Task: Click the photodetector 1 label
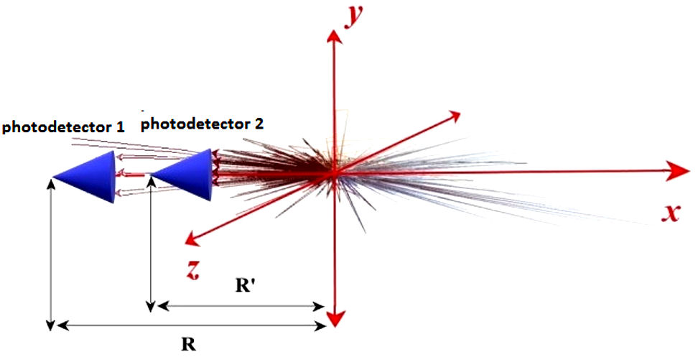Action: pos(63,128)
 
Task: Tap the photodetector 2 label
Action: pos(202,124)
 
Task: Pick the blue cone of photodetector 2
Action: pos(187,175)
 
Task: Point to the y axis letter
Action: pos(353,15)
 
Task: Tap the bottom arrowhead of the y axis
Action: pos(333,316)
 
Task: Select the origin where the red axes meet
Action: pos(333,172)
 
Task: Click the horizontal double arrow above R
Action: pos(191,326)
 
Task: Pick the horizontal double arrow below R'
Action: pos(241,305)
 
